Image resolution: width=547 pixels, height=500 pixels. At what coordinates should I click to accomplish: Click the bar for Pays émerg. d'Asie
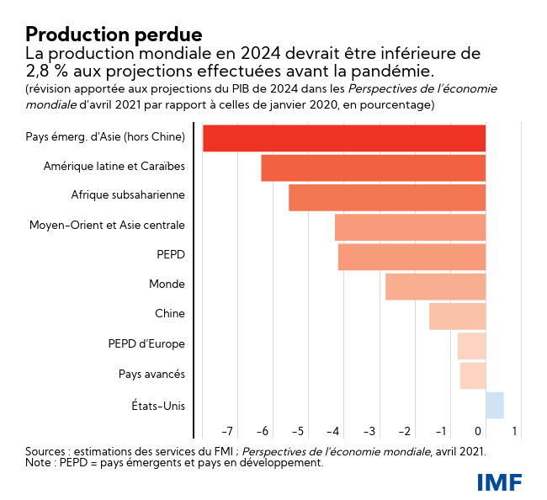click(x=344, y=138)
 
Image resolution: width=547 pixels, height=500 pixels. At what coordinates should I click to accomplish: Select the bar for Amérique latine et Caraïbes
click(x=374, y=168)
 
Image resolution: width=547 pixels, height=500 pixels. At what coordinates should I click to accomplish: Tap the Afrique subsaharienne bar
click(x=387, y=197)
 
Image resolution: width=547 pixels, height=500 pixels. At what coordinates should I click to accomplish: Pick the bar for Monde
click(x=436, y=286)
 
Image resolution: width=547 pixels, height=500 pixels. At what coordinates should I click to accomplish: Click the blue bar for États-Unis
click(x=495, y=405)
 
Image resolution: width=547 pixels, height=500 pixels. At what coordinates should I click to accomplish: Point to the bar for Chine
click(x=458, y=316)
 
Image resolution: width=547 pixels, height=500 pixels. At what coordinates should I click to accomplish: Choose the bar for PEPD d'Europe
click(x=471, y=345)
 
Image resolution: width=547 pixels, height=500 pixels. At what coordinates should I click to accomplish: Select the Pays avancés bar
click(x=473, y=375)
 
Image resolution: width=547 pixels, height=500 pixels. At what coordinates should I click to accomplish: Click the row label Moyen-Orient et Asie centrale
click(x=107, y=226)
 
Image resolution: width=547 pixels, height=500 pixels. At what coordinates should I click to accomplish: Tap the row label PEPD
click(x=171, y=255)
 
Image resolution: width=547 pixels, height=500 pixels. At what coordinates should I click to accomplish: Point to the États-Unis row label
click(x=158, y=406)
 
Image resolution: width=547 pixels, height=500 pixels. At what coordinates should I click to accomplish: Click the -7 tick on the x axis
click(x=227, y=432)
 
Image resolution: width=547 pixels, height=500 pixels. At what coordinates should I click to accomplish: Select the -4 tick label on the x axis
click(x=333, y=432)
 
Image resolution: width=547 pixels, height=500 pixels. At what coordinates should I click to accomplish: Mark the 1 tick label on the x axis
click(x=515, y=432)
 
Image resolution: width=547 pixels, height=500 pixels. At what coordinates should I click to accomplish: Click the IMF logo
click(x=499, y=481)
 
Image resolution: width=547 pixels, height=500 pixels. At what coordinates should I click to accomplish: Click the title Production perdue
click(x=114, y=35)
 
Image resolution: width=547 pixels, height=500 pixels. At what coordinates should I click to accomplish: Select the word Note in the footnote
click(x=39, y=463)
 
